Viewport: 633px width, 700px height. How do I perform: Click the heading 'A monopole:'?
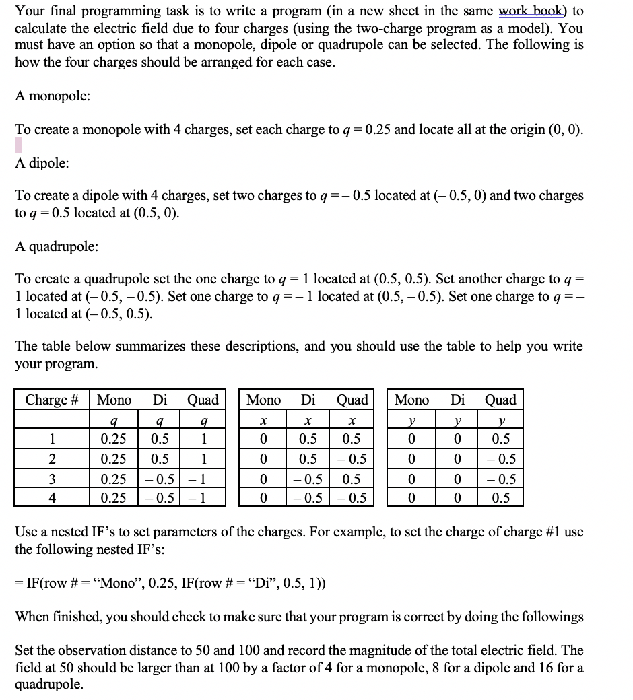coord(53,96)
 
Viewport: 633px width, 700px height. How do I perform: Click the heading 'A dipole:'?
coord(42,163)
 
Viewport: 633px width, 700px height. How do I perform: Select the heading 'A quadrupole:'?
coord(57,246)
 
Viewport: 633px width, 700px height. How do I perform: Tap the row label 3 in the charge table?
coord(51,480)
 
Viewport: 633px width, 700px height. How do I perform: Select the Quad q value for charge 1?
coord(203,439)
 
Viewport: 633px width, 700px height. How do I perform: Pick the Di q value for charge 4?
coord(160,499)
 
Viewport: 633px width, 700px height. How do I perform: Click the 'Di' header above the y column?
coord(457,400)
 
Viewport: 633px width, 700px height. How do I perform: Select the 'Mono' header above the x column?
coord(263,400)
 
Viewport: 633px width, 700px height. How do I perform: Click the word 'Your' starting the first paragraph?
coord(30,11)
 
